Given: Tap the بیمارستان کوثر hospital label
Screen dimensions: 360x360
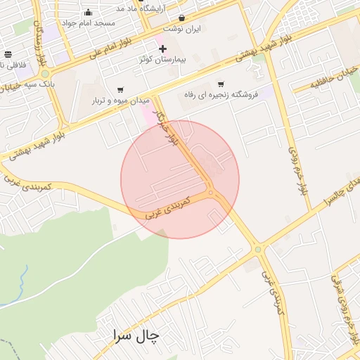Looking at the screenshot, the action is point(162,60).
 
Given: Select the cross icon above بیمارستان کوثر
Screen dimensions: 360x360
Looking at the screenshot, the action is point(162,49).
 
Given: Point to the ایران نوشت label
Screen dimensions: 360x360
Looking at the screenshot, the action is point(182,29).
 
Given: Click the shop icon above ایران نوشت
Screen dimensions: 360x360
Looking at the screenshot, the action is point(182,18).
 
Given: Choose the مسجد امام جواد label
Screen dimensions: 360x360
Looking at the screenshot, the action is point(88,22).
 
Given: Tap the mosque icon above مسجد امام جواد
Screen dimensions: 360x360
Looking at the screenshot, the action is point(88,12).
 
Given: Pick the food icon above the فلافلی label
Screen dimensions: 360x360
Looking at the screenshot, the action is point(8,54).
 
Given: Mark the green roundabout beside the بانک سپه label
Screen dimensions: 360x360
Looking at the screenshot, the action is point(45,73).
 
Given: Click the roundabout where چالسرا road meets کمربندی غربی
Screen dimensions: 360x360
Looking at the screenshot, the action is point(258,248).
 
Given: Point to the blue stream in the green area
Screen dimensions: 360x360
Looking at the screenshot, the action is point(21,281).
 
